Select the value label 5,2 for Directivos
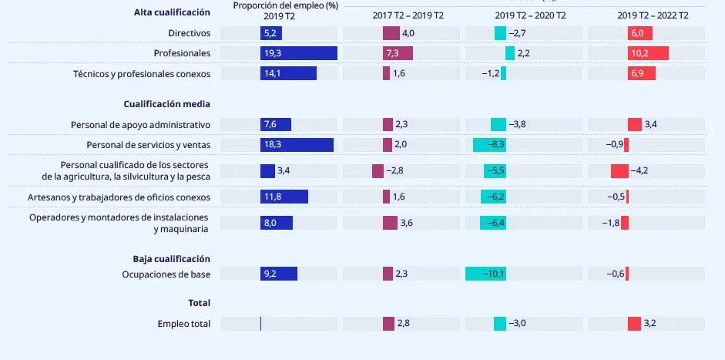tap(269, 33)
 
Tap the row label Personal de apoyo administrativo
tap(140, 125)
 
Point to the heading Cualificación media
tap(166, 104)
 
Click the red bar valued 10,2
tap(648, 53)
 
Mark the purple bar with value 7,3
tap(398, 53)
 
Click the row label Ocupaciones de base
tap(166, 274)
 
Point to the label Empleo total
tap(183, 324)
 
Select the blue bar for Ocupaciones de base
tap(279, 274)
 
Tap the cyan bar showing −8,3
tap(489, 145)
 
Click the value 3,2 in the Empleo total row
tap(650, 324)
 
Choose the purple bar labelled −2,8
tap(378, 170)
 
